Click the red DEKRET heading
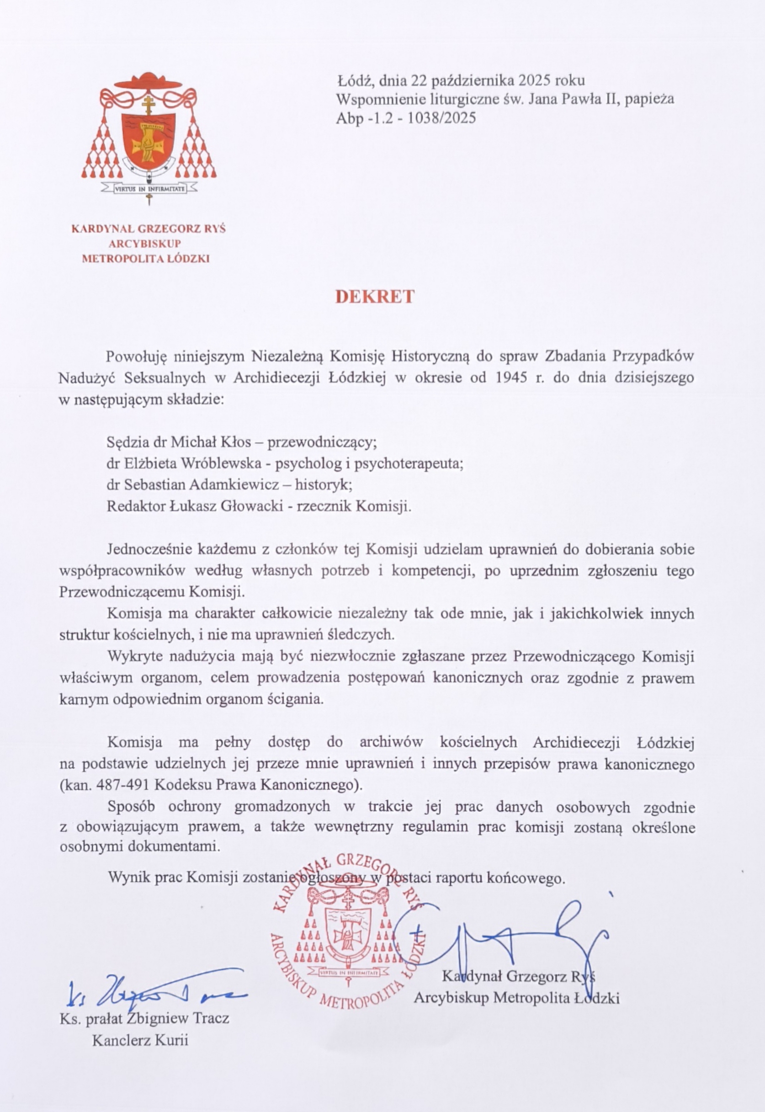click(375, 297)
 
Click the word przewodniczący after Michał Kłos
click(322, 442)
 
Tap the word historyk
click(324, 484)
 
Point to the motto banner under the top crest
click(149, 189)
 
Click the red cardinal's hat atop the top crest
click(149, 80)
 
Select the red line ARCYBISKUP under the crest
click(148, 244)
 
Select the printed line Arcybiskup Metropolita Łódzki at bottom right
click(517, 998)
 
